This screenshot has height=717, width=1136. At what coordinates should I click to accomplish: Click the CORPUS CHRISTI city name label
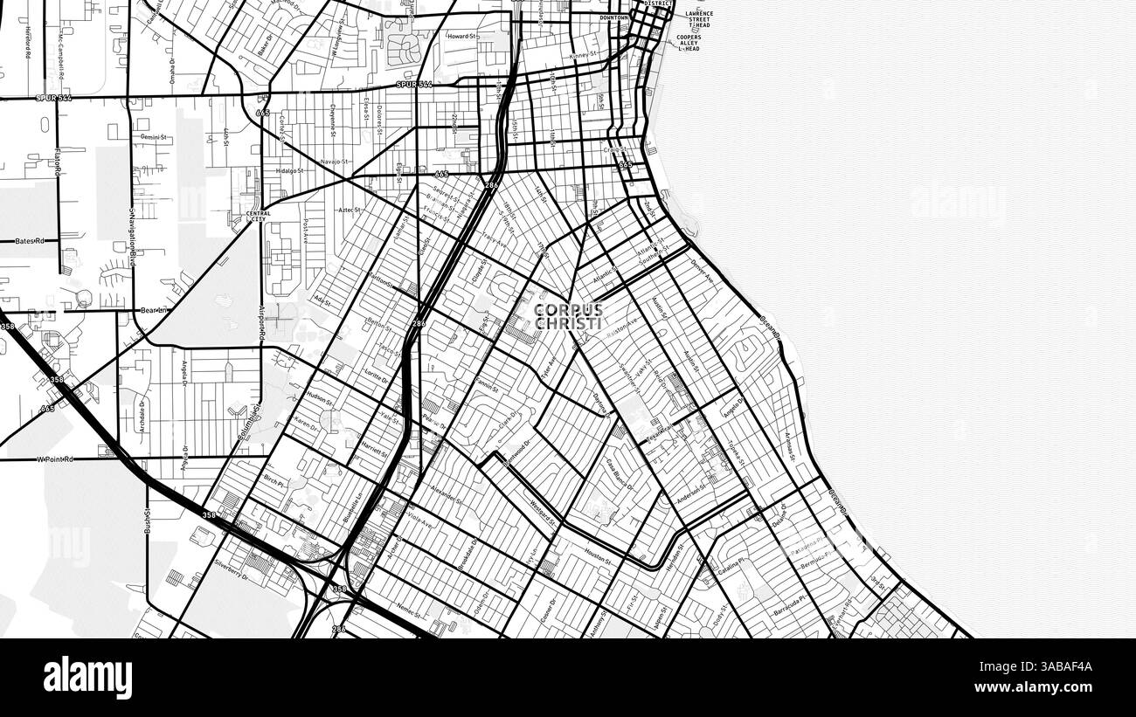568,317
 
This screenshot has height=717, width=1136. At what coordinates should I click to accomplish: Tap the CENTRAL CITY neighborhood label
258,215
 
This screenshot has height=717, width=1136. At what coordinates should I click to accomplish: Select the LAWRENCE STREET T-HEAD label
698,20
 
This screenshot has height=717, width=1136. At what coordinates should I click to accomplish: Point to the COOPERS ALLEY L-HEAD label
688,43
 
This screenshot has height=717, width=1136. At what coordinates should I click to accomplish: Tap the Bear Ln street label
153,310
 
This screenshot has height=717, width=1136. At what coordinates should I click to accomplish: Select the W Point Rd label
55,458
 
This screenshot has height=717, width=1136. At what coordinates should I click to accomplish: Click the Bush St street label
148,521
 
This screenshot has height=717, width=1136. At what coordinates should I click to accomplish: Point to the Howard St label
461,37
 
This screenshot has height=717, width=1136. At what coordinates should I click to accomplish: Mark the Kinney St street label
583,56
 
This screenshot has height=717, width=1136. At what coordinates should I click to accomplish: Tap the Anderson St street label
690,493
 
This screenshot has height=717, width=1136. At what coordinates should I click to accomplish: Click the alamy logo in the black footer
87,678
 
